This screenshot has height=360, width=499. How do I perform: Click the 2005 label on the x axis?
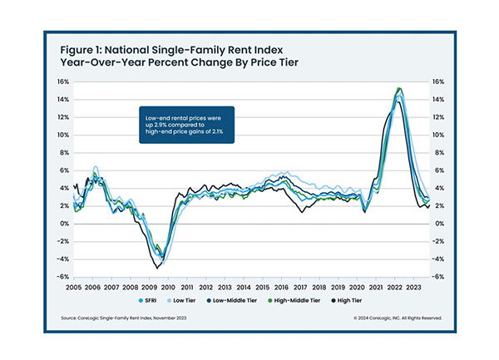coord(75,284)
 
